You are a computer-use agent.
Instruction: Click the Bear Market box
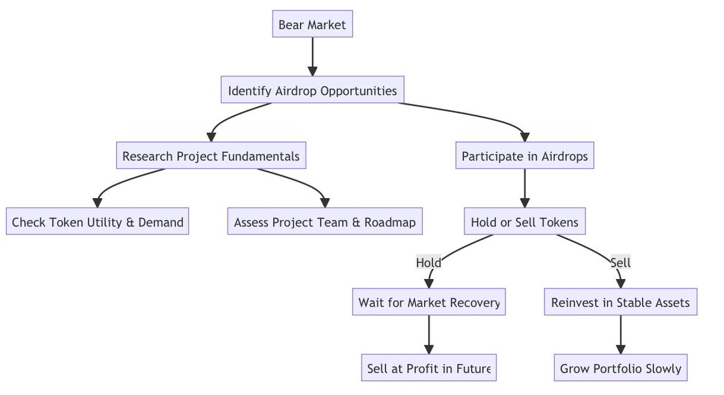coord(312,25)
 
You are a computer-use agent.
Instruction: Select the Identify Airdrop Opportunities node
coord(312,91)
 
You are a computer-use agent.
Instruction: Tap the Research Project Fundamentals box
coord(211,156)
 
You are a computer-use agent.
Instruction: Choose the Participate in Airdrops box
coord(524,156)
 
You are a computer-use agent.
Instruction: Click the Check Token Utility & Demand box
coord(97,222)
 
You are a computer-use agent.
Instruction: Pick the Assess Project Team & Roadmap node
coord(325,222)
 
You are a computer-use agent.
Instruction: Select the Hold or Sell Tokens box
coord(524,222)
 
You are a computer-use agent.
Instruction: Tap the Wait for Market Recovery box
coord(428,302)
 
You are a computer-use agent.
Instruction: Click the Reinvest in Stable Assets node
coord(620,302)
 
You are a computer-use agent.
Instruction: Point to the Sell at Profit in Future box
coord(428,368)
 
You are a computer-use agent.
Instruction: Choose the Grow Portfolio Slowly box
coord(620,368)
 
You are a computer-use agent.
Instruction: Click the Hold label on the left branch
coord(428,263)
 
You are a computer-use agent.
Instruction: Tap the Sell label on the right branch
coord(620,263)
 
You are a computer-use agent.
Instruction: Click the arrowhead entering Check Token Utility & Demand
coord(97,204)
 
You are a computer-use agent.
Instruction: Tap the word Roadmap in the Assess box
coord(390,222)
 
